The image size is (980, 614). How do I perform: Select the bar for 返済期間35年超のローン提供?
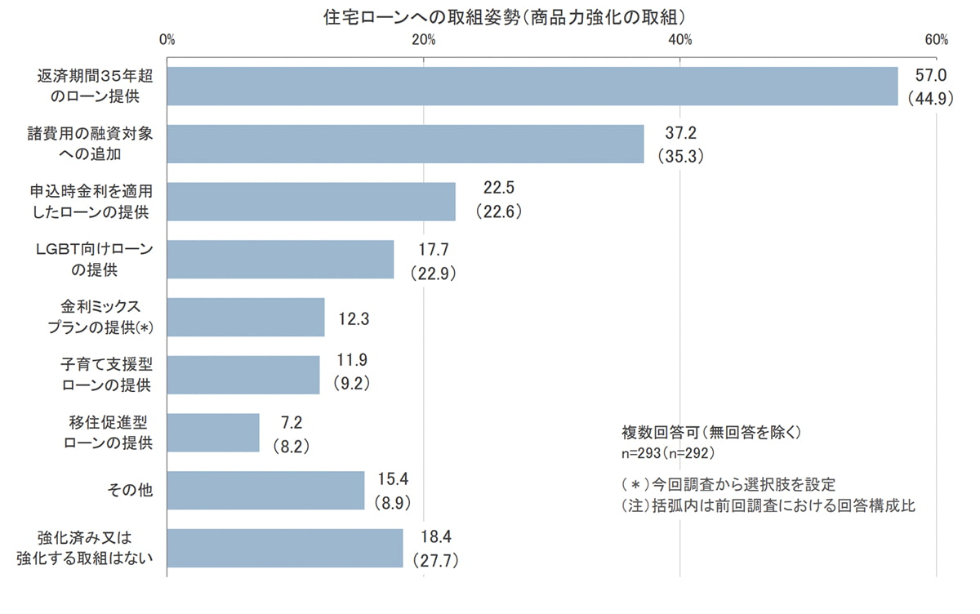point(532,86)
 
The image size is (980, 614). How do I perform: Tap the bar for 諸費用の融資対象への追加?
point(406,144)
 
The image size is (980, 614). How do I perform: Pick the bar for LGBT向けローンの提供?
point(281,260)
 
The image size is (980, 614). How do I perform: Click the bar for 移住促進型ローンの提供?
point(213,433)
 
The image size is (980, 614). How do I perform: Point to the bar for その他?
point(265,490)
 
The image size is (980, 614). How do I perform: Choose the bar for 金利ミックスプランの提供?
point(246,317)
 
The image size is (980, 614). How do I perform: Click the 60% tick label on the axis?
point(936,40)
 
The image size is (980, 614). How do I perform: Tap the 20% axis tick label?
point(424,40)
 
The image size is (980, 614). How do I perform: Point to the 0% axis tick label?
point(167,40)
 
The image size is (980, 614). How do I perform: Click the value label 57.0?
point(930,76)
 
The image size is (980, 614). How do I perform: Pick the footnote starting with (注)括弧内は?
point(768,505)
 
